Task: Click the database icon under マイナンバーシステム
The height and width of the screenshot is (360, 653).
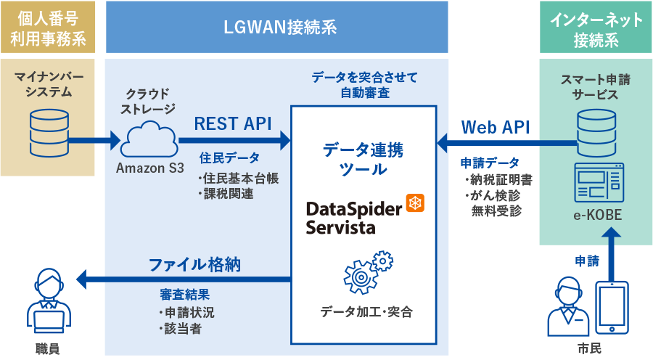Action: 48,128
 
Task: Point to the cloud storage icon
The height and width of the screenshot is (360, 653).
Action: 151,138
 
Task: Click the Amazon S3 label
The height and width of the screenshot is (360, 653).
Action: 150,169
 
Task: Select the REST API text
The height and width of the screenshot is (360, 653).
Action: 232,123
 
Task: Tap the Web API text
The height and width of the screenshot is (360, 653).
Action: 496,127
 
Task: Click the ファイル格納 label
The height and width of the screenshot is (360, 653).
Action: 194,265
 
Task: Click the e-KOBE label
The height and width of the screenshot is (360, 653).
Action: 595,216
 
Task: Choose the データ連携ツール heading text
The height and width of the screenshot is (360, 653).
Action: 363,160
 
